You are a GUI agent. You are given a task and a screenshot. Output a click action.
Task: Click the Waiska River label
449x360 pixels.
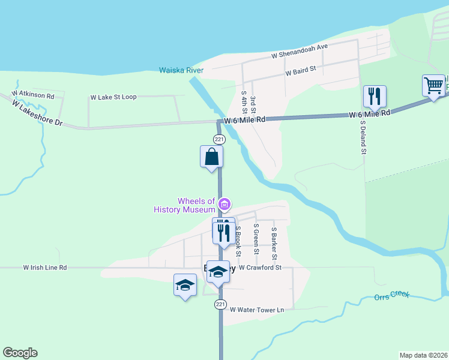coord(181,70)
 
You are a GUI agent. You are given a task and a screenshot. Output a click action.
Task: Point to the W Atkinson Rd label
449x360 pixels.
coord(32,95)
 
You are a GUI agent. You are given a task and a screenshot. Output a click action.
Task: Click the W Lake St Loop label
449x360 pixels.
coord(113,97)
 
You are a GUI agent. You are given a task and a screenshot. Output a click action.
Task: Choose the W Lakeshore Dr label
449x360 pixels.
coord(37,113)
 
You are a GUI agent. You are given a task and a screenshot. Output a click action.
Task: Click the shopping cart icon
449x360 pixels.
coord(433,85)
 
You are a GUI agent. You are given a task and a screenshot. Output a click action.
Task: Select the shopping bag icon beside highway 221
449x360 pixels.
coord(211,157)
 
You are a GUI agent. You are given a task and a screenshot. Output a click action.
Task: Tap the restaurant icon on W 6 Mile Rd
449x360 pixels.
coord(375,96)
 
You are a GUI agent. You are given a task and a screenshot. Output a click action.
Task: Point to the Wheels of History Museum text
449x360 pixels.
coord(185,205)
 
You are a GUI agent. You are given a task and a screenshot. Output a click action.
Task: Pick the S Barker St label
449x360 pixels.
coord(274,242)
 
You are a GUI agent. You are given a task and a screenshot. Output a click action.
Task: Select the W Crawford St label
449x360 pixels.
coord(260,268)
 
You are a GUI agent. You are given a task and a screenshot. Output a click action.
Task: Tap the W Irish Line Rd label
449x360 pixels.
coord(45,268)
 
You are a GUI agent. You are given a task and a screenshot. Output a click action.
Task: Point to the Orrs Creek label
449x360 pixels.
coord(391,296)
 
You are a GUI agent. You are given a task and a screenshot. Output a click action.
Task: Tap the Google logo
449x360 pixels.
coord(20,353)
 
